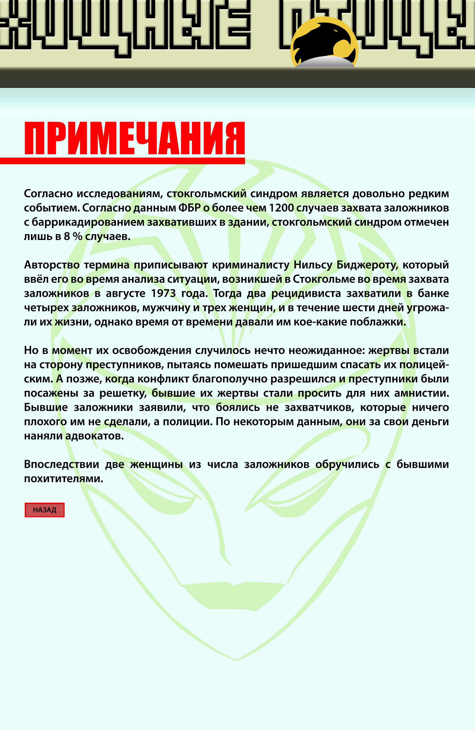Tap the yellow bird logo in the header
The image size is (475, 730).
(x=324, y=42)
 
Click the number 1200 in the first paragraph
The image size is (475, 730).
(x=281, y=208)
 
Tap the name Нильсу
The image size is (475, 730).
(x=313, y=265)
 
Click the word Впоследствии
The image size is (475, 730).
(x=61, y=464)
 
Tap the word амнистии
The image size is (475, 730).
(x=427, y=393)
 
